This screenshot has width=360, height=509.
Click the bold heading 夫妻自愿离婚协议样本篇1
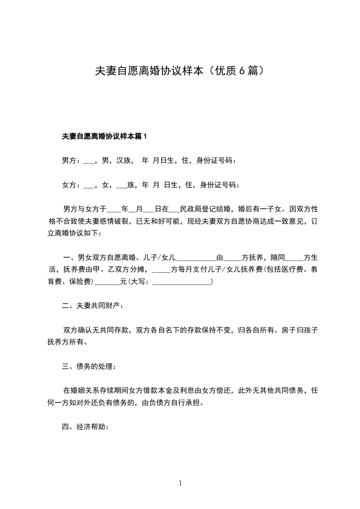tap(104, 136)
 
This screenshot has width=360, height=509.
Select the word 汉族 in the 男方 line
tap(124, 160)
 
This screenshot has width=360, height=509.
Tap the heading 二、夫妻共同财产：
tap(93, 306)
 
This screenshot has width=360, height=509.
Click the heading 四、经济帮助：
tap(85, 427)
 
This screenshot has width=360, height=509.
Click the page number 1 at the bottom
tap(180, 484)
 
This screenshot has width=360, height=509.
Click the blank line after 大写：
tap(182, 282)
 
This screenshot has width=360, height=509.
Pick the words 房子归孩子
tap(300, 330)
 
